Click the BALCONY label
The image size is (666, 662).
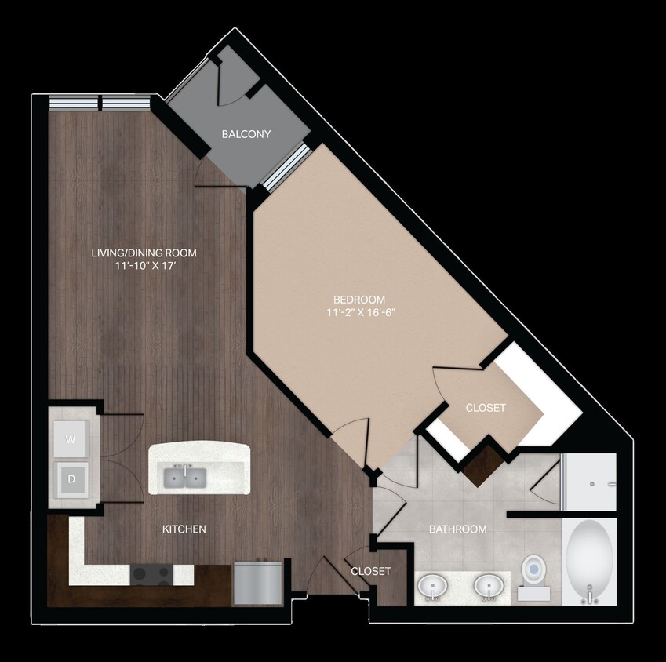pyautogui.click(x=246, y=134)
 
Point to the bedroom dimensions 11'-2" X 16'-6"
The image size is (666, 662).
pyautogui.click(x=359, y=311)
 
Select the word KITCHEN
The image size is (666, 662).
pyautogui.click(x=184, y=529)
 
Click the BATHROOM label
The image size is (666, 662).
pyautogui.click(x=457, y=529)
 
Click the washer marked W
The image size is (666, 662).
pyautogui.click(x=71, y=440)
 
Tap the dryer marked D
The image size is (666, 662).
pyautogui.click(x=71, y=478)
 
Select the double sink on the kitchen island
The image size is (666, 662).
pyautogui.click(x=185, y=475)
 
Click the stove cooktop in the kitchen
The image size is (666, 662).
pyautogui.click(x=151, y=575)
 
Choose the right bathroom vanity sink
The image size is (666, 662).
pyautogui.click(x=489, y=586)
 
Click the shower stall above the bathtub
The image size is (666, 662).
pyautogui.click(x=591, y=482)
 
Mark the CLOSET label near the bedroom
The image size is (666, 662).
pyautogui.click(x=486, y=408)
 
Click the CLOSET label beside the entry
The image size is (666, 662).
pyautogui.click(x=371, y=571)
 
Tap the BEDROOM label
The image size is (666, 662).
pyautogui.click(x=359, y=299)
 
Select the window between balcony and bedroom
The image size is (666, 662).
pyautogui.click(x=285, y=166)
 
